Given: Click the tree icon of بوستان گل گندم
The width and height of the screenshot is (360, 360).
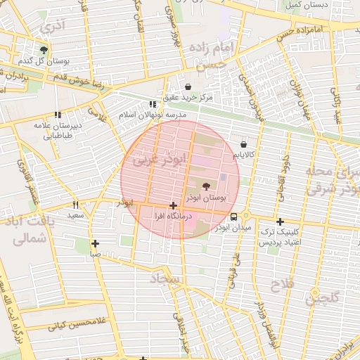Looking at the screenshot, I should [x=44, y=50].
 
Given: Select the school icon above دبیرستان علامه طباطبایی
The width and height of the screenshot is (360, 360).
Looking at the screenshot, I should [x=58, y=114].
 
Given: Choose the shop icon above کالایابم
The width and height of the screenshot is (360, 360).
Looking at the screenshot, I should [x=244, y=143].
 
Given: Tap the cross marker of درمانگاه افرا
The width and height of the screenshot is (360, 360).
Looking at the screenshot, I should [x=173, y=205].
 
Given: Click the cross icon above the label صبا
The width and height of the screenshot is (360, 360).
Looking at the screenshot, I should [x=95, y=244].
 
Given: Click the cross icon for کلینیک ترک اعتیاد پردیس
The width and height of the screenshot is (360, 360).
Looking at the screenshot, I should [x=280, y=221].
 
